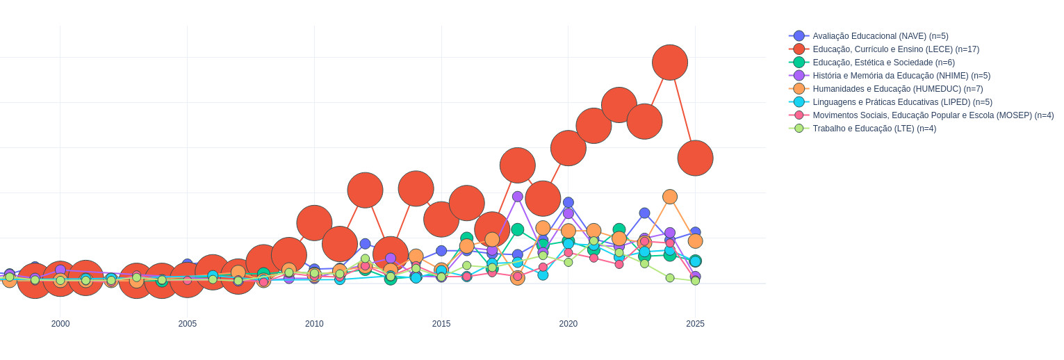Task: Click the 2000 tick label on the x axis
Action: pos(60,324)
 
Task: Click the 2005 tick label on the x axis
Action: pos(188,324)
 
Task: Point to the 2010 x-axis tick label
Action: pos(314,324)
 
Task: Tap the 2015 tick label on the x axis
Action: pos(441,324)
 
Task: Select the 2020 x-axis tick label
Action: pos(568,324)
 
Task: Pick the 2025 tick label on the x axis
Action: pos(695,324)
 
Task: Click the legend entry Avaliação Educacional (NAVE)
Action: pos(880,36)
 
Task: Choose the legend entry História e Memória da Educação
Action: pos(901,76)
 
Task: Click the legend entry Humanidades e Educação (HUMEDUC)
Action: pos(898,89)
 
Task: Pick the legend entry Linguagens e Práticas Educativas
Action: pos(902,102)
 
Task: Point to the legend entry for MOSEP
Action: pos(933,115)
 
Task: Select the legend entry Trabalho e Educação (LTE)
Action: pos(874,129)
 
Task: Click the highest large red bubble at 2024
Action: pos(670,63)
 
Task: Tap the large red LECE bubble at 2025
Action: pos(695,158)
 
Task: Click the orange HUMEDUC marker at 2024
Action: pos(670,197)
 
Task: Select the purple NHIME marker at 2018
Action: pos(518,197)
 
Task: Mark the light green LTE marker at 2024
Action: pos(670,278)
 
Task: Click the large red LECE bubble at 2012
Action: pos(365,190)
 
